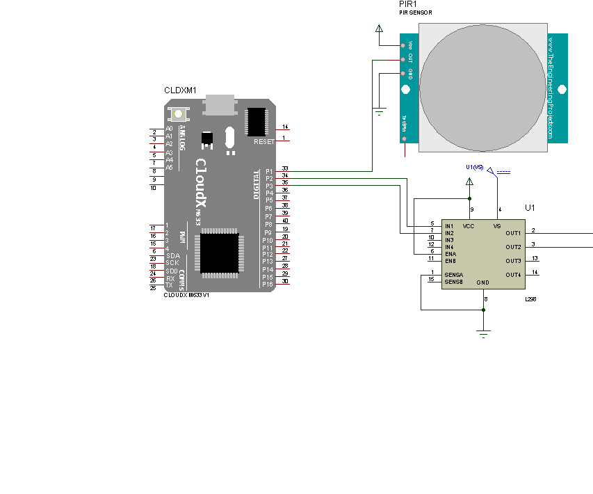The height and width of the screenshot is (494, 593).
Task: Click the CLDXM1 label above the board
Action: pyautogui.click(x=180, y=90)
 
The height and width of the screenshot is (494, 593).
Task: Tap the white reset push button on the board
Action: pyautogui.click(x=179, y=113)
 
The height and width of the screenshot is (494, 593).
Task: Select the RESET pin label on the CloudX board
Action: pyautogui.click(x=263, y=141)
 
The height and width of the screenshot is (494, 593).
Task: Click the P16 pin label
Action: pyautogui.click(x=268, y=285)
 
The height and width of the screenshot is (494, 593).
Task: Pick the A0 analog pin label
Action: pyautogui.click(x=169, y=129)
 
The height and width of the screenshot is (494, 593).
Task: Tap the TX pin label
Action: pyautogui.click(x=169, y=285)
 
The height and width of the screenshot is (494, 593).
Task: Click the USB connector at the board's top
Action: pyautogui.click(x=221, y=104)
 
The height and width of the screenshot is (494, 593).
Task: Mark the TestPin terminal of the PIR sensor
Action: pyautogui.click(x=403, y=139)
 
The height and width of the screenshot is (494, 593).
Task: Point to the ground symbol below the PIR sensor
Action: pyautogui.click(x=380, y=112)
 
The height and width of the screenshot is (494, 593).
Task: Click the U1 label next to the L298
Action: pyautogui.click(x=530, y=208)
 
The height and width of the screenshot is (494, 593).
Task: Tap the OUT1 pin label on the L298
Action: pyautogui.click(x=513, y=233)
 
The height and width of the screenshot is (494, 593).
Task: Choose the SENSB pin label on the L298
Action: pyautogui.click(x=453, y=282)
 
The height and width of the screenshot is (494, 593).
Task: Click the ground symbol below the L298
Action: pyautogui.click(x=485, y=333)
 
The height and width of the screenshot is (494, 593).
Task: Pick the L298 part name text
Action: pyautogui.click(x=529, y=299)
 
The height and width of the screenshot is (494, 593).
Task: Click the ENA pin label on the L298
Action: pyautogui.click(x=450, y=254)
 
